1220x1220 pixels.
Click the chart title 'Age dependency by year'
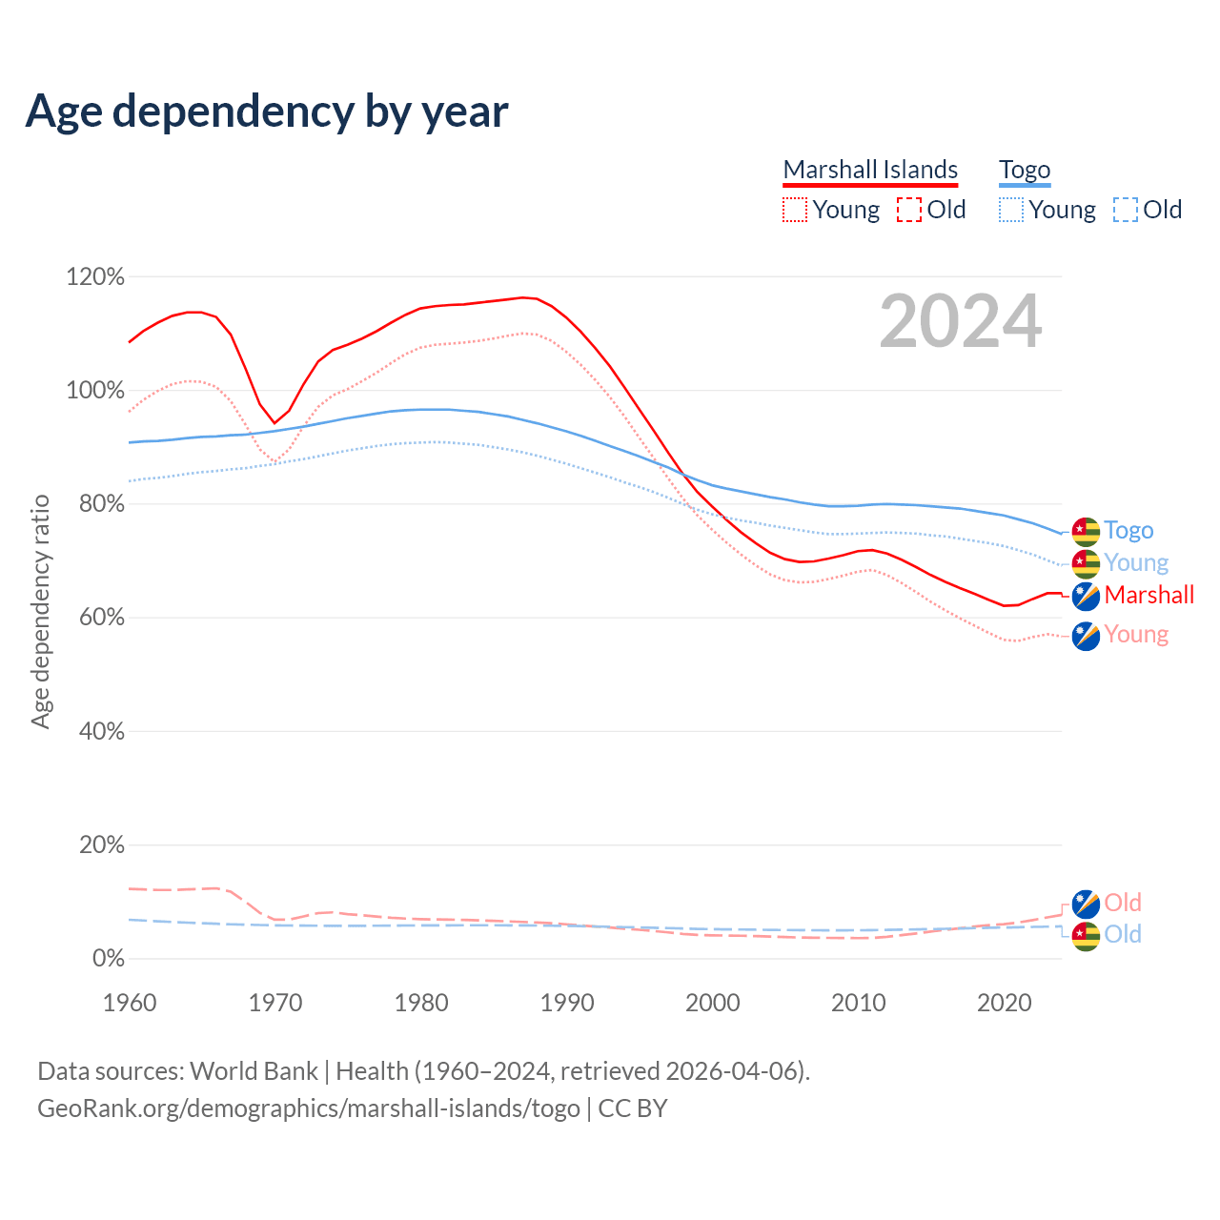267,112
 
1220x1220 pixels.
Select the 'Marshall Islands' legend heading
870,170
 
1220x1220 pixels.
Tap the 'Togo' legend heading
1025,170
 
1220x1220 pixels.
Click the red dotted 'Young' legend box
794,210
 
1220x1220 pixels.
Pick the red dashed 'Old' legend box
908,210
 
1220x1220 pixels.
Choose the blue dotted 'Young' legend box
1011,210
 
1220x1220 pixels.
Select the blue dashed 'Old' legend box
1126,210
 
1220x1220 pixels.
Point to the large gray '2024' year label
960,321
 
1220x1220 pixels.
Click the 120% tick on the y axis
95,277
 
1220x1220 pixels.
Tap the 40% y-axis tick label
101,731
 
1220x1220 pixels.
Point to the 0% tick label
108,958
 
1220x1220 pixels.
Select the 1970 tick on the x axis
275,1003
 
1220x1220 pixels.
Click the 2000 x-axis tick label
713,1003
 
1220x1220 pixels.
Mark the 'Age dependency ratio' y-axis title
40,611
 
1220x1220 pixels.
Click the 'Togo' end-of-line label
1128,531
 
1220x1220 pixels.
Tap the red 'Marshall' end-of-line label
1149,596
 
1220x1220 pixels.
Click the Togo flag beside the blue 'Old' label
1086,936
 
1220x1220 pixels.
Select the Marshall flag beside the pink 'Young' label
1086,636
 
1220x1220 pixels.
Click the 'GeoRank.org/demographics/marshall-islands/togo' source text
309,1108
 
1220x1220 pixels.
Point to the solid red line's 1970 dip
274,422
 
